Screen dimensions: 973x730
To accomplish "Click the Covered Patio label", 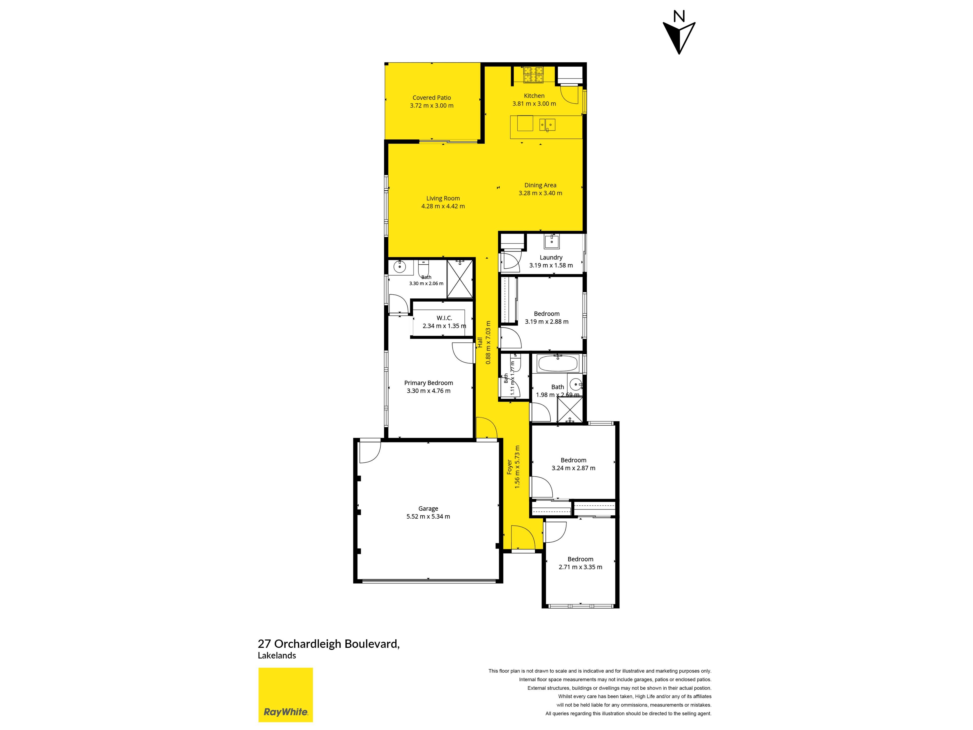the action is [x=432, y=98].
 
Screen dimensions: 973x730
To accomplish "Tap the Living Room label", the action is [x=443, y=198].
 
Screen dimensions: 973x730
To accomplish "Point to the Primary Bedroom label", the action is [x=428, y=383].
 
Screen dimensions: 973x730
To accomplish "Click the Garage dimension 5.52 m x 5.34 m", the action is [x=428, y=517].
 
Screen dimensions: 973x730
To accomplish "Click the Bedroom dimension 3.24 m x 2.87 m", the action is [x=574, y=468].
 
